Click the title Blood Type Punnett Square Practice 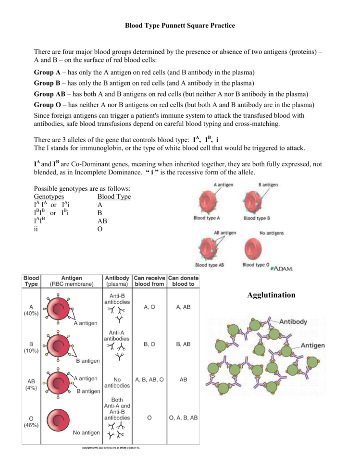[180, 25]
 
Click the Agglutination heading [271, 295]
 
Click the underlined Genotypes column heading [49, 197]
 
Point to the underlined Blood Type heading [114, 197]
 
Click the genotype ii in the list [36, 229]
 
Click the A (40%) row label [31, 310]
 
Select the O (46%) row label [31, 421]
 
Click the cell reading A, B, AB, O [149, 380]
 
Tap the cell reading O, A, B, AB [183, 418]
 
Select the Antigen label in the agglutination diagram [312, 345]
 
